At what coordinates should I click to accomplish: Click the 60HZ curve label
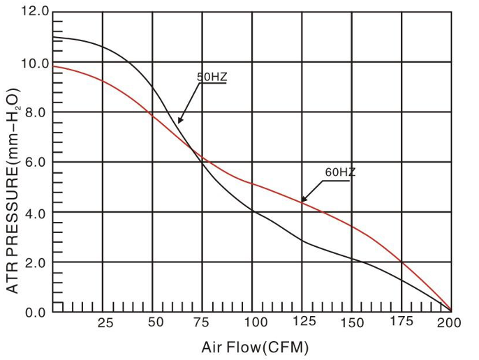[340, 172]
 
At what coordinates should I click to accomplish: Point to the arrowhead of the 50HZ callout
[179, 123]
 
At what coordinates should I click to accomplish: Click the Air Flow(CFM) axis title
[255, 347]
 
